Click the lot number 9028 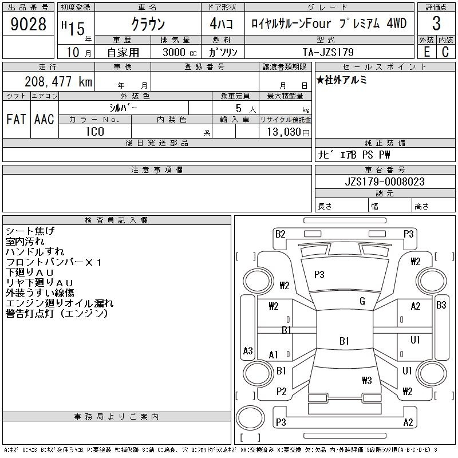[x=29, y=24]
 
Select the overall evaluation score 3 [x=436, y=24]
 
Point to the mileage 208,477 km [x=58, y=82]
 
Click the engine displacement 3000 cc [x=176, y=52]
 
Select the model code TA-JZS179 [x=329, y=52]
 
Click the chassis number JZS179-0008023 [x=385, y=181]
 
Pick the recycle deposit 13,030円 [x=285, y=132]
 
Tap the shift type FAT [x=16, y=119]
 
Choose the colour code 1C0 [x=94, y=132]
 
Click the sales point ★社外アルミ [x=342, y=80]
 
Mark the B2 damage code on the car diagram [x=280, y=234]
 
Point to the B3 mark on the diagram [x=441, y=305]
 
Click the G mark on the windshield [x=362, y=301]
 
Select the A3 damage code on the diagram [x=248, y=350]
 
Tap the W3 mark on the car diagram [x=367, y=380]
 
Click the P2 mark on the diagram [x=281, y=392]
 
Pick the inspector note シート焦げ [x=30, y=231]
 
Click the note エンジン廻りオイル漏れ [x=60, y=303]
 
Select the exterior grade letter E [x=427, y=52]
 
